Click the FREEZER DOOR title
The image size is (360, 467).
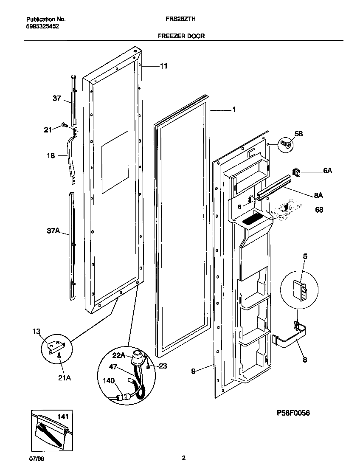(x=181, y=36)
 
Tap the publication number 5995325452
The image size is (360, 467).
(x=42, y=26)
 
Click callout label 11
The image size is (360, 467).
(x=163, y=66)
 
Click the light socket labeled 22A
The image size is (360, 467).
(x=137, y=357)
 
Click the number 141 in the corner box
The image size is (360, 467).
(x=63, y=417)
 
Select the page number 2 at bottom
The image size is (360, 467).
(x=183, y=458)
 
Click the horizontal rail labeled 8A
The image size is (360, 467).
(x=276, y=188)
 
